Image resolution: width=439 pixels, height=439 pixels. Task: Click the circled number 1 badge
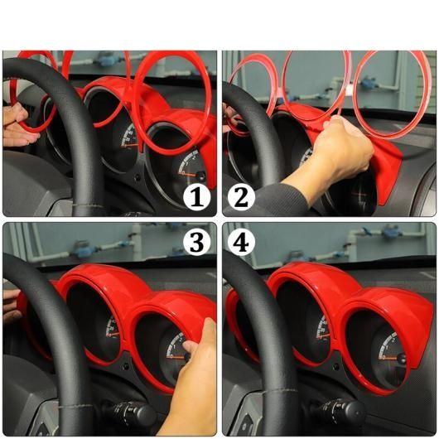tap(197, 197)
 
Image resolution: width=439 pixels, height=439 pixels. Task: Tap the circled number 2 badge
tap(241, 197)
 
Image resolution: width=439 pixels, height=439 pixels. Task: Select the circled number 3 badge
tap(197, 241)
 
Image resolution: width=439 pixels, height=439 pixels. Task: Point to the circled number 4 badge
tap(241, 241)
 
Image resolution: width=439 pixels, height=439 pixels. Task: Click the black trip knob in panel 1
tap(201, 176)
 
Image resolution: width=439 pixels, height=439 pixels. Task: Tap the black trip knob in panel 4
tap(402, 359)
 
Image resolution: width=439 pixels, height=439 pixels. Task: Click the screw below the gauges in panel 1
tap(137, 177)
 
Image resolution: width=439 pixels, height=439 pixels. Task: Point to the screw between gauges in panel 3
tap(126, 365)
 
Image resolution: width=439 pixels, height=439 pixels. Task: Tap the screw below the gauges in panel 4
tap(335, 366)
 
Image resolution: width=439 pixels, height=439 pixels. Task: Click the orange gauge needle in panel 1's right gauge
tap(190, 174)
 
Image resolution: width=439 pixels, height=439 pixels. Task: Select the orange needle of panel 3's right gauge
tap(177, 357)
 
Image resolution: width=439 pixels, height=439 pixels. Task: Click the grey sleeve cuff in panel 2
tap(280, 200)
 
